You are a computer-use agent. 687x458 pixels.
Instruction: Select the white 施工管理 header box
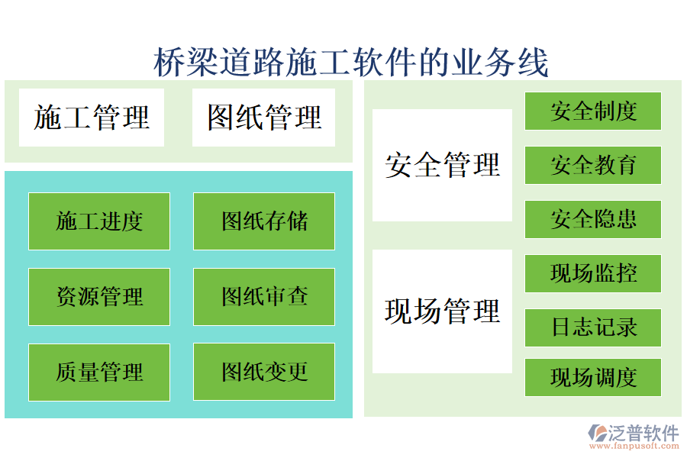pyautogui.click(x=92, y=118)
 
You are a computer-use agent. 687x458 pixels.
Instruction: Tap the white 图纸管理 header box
pyautogui.click(x=264, y=118)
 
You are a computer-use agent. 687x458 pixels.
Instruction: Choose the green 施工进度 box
pyautogui.click(x=99, y=221)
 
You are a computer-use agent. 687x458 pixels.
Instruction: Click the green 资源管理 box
pyautogui.click(x=99, y=296)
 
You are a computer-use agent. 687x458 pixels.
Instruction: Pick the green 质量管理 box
pyautogui.click(x=99, y=372)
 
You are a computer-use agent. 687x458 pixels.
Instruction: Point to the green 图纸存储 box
pyautogui.click(x=264, y=221)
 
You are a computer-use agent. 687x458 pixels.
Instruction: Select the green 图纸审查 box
pyautogui.click(x=264, y=296)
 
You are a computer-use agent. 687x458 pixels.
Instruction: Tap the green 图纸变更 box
pyautogui.click(x=264, y=372)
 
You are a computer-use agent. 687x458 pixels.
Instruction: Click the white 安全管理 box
pyautogui.click(x=442, y=165)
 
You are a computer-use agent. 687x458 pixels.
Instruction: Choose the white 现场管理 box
pyautogui.click(x=442, y=311)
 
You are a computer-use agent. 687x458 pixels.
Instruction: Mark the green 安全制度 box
pyautogui.click(x=593, y=111)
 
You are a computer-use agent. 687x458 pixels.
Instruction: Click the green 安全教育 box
pyautogui.click(x=593, y=165)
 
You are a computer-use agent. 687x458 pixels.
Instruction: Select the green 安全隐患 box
pyautogui.click(x=593, y=219)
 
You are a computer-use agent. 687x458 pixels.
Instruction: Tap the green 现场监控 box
pyautogui.click(x=593, y=273)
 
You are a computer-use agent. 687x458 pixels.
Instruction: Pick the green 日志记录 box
pyautogui.click(x=593, y=327)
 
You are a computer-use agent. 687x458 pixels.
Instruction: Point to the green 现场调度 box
pyautogui.click(x=593, y=377)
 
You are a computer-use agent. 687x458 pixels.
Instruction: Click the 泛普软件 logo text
pyautogui.click(x=643, y=433)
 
